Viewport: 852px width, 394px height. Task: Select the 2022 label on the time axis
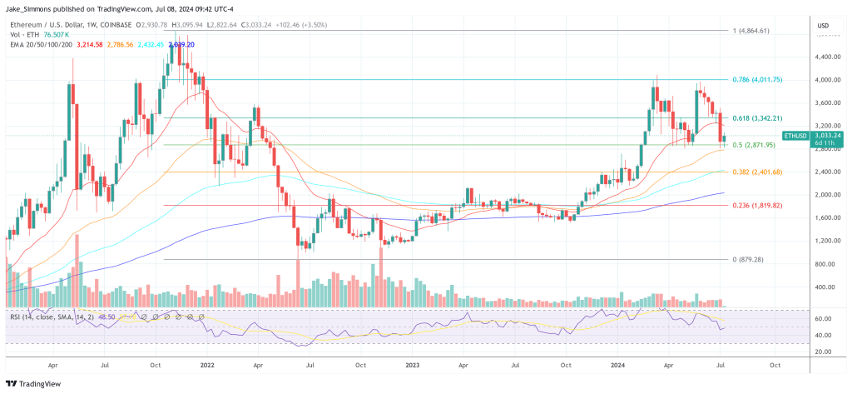(x=207, y=365)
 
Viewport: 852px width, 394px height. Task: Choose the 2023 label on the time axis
(x=414, y=365)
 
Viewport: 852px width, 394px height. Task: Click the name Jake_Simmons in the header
(x=26, y=8)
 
